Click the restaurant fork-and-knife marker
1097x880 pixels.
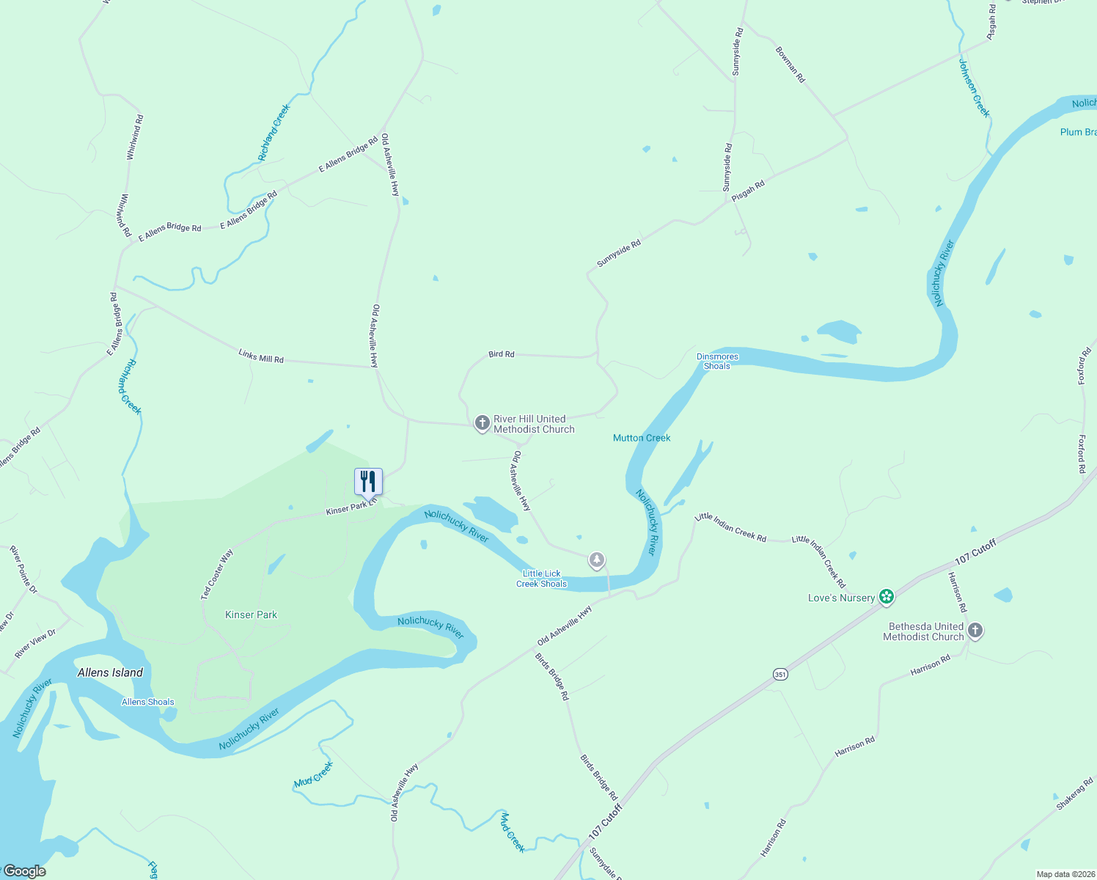click(368, 482)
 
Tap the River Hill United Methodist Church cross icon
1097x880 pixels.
click(482, 422)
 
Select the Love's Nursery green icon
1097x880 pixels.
click(887, 597)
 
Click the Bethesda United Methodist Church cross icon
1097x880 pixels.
click(975, 630)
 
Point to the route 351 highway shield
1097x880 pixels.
click(780, 674)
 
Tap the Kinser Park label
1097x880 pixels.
click(251, 615)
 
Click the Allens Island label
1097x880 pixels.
click(110, 672)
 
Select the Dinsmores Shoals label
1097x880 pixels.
click(717, 361)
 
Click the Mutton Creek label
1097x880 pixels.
click(642, 438)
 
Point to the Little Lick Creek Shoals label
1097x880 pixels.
click(542, 579)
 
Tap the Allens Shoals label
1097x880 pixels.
click(148, 702)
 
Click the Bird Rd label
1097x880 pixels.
click(502, 354)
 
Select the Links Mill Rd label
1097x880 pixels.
click(261, 357)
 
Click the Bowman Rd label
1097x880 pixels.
click(790, 65)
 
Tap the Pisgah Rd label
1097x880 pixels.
click(748, 191)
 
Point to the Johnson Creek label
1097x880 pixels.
click(974, 88)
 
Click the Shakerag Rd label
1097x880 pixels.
click(1075, 793)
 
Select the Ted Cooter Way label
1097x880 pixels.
click(217, 574)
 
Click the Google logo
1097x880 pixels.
click(25, 870)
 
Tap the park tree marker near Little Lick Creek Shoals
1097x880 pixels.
click(597, 561)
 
